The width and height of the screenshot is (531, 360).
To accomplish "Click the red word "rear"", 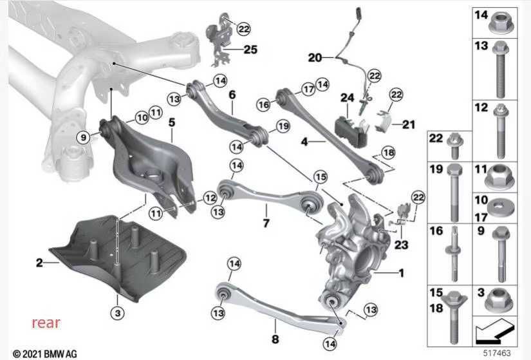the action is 46,323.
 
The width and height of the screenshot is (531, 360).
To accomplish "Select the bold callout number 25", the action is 250,50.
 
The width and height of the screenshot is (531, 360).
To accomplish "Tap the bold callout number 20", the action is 315,58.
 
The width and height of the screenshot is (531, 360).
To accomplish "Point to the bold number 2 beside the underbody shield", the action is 40,263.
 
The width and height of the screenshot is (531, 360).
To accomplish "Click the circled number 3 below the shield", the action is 118,312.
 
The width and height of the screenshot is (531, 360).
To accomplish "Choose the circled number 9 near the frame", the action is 83,137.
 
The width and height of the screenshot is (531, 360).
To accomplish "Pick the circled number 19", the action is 283,126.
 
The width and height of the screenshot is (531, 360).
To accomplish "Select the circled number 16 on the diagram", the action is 264,105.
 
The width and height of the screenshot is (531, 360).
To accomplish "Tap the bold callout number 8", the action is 275,339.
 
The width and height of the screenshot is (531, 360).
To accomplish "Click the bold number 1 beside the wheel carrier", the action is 401,273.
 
